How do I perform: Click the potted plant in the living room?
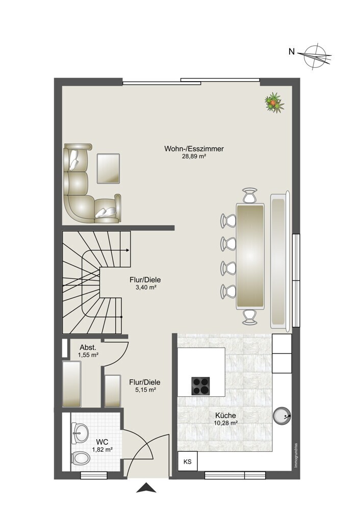click(274, 103)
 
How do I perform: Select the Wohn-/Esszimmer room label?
click(194, 149)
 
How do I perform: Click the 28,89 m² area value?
click(194, 157)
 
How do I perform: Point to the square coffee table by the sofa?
click(108, 168)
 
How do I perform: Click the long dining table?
click(250, 256)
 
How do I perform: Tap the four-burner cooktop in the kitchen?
click(200, 386)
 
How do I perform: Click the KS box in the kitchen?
click(187, 462)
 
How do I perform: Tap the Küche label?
click(225, 415)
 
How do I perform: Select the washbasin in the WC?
click(80, 433)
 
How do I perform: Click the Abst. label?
click(88, 347)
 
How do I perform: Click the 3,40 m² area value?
click(145, 287)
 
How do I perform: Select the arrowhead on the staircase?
click(128, 250)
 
